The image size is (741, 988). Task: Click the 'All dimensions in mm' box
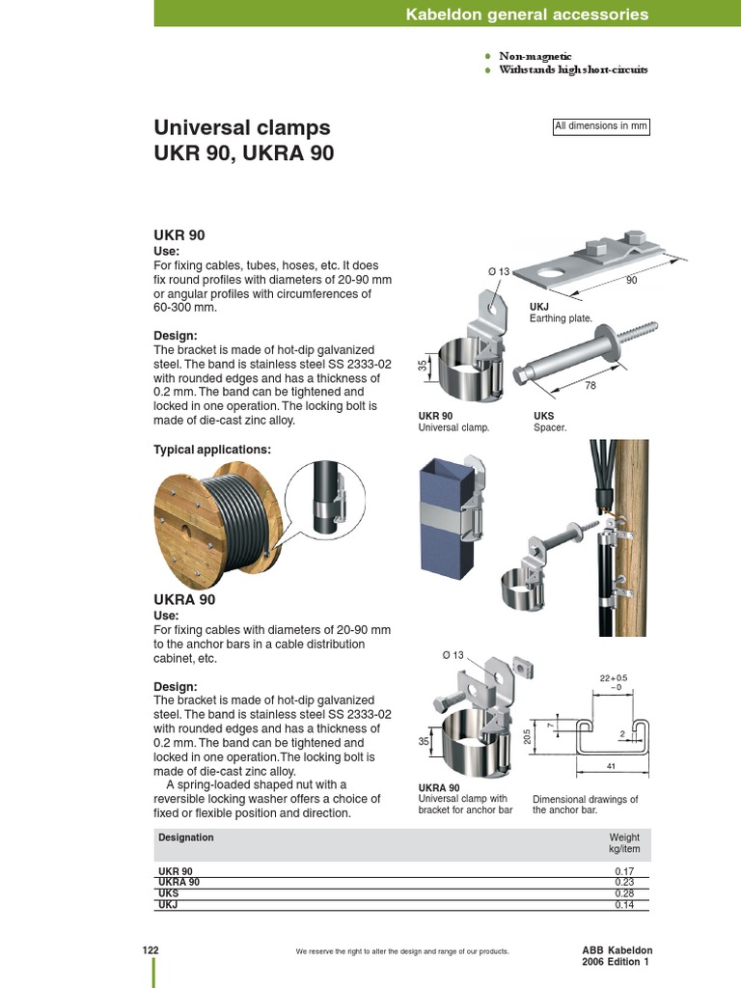(x=600, y=126)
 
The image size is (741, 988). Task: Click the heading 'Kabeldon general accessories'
(x=527, y=14)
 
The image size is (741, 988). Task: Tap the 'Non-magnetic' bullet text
(x=535, y=57)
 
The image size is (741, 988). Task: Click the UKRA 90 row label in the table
(x=179, y=882)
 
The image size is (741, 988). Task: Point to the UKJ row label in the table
(x=168, y=905)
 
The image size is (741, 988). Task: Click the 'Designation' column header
(x=185, y=837)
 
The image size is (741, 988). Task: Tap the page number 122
(x=151, y=950)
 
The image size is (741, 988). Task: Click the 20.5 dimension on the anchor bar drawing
(x=527, y=736)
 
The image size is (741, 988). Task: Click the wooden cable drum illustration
(x=218, y=527)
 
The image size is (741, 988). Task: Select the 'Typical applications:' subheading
(x=212, y=450)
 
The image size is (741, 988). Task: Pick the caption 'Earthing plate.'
(x=561, y=317)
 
